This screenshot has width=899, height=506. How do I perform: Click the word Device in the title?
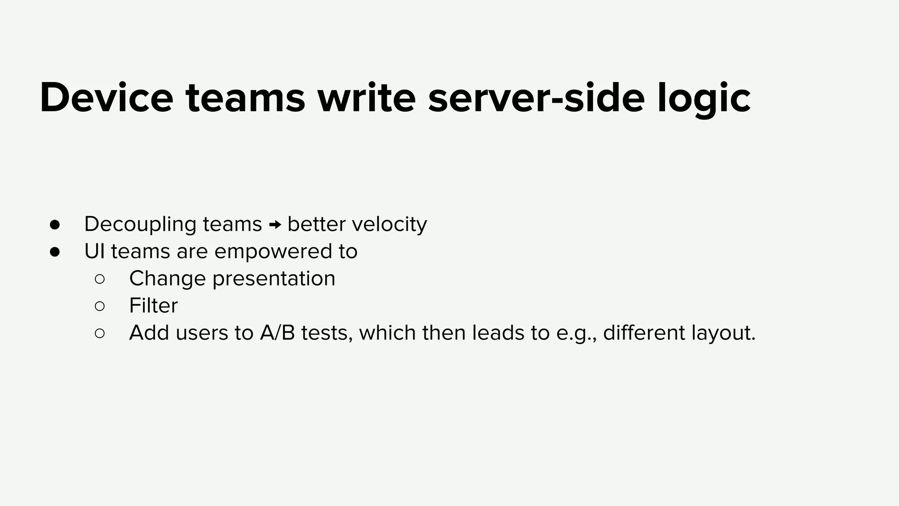click(106, 98)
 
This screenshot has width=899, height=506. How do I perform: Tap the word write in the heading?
click(367, 98)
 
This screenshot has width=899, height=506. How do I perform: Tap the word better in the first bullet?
click(316, 224)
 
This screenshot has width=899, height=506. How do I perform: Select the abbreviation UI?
click(94, 251)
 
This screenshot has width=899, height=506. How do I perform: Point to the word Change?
click(167, 279)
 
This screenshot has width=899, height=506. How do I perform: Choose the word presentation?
click(274, 279)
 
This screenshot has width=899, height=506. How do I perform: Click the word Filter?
click(153, 306)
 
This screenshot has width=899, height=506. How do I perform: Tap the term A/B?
click(277, 333)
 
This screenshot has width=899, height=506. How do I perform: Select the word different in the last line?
click(644, 333)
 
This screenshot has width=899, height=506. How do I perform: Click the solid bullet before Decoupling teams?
click(55, 225)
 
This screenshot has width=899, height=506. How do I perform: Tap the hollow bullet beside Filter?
click(100, 306)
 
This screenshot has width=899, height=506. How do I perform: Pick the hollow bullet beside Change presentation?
click(100, 279)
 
